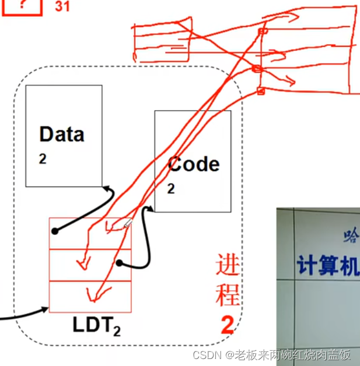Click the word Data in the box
pyautogui.click(x=61, y=134)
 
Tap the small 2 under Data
pyautogui.click(x=43, y=159)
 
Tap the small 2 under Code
pyautogui.click(x=171, y=188)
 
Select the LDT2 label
pyautogui.click(x=97, y=325)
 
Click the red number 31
pyautogui.click(x=62, y=6)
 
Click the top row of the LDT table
pyautogui.click(x=90, y=233)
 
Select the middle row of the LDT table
pyautogui.click(x=90, y=265)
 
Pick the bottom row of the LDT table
pyautogui.click(x=90, y=296)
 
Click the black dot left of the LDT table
pyautogui.click(x=55, y=231)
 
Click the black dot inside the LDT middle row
pyautogui.click(x=119, y=263)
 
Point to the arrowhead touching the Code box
pyautogui.click(x=151, y=208)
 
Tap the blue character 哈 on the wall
pyautogui.click(x=352, y=235)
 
